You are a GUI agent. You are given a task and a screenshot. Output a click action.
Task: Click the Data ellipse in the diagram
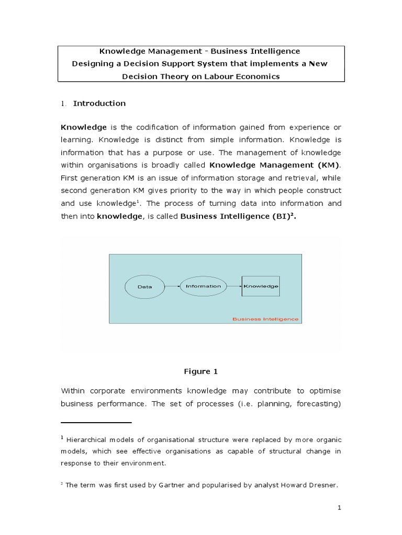[x=144, y=286]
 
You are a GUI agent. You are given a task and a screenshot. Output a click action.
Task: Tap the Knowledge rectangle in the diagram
[x=260, y=286]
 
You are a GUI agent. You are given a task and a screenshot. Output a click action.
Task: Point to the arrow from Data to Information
[x=172, y=286]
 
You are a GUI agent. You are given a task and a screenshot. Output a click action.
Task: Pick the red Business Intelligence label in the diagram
[x=265, y=318]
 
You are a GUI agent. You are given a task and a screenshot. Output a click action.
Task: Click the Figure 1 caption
[x=200, y=371]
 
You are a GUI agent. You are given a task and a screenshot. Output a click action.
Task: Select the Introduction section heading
[x=99, y=103]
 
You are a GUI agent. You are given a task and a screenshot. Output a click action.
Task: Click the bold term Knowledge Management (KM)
[x=274, y=165]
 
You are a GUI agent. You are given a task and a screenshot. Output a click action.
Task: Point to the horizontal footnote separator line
[x=96, y=422]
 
